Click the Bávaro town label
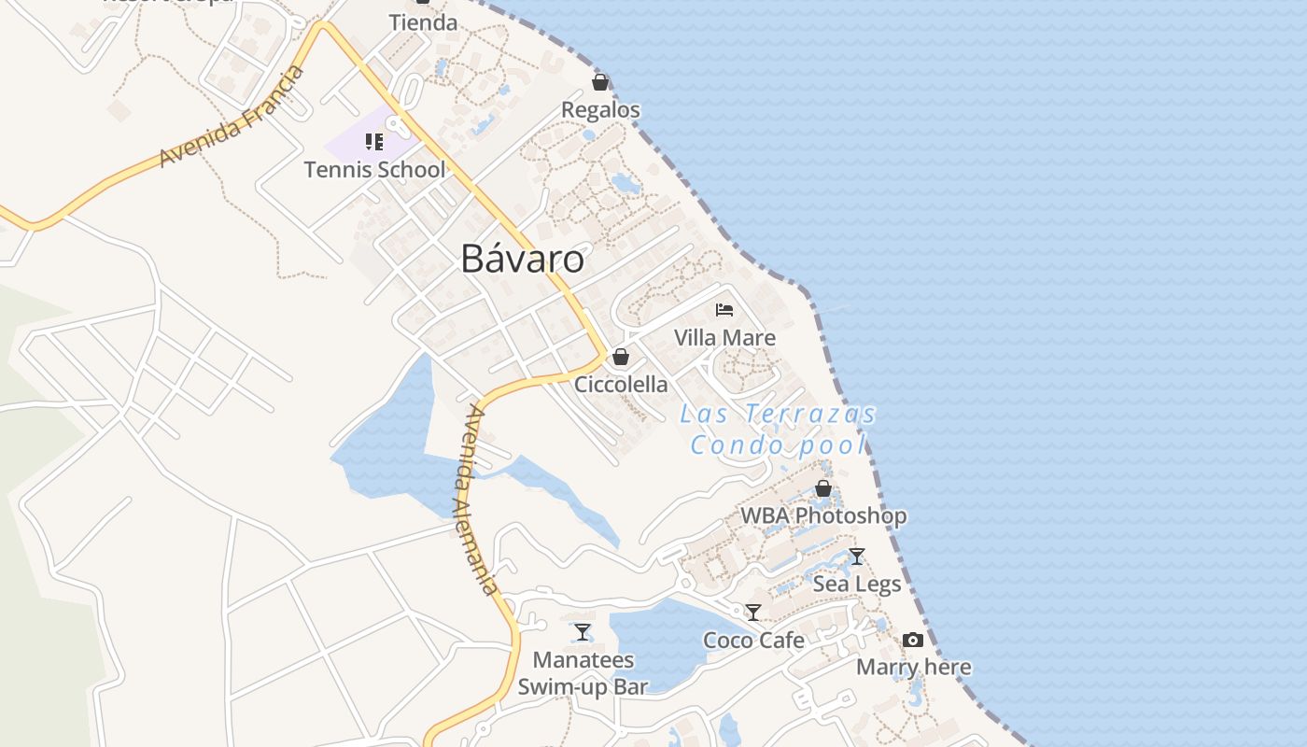[x=523, y=259]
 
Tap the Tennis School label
[x=374, y=170]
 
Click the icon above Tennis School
[x=374, y=142]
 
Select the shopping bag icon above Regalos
[x=600, y=82]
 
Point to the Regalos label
[x=600, y=110]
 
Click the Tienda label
[x=423, y=22]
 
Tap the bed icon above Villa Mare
[x=724, y=309]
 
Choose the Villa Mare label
[x=724, y=337]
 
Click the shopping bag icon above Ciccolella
[x=621, y=357]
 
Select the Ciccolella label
[x=621, y=384]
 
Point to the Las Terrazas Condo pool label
[x=779, y=429]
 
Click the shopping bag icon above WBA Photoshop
[x=823, y=488]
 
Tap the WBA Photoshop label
[x=823, y=515]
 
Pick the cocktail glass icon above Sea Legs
[x=857, y=557]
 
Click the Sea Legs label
[x=857, y=585]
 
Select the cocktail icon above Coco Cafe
[x=753, y=613]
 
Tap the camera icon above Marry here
[x=913, y=640]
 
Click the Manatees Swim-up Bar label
[x=583, y=673]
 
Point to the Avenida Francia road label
[x=232, y=116]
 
